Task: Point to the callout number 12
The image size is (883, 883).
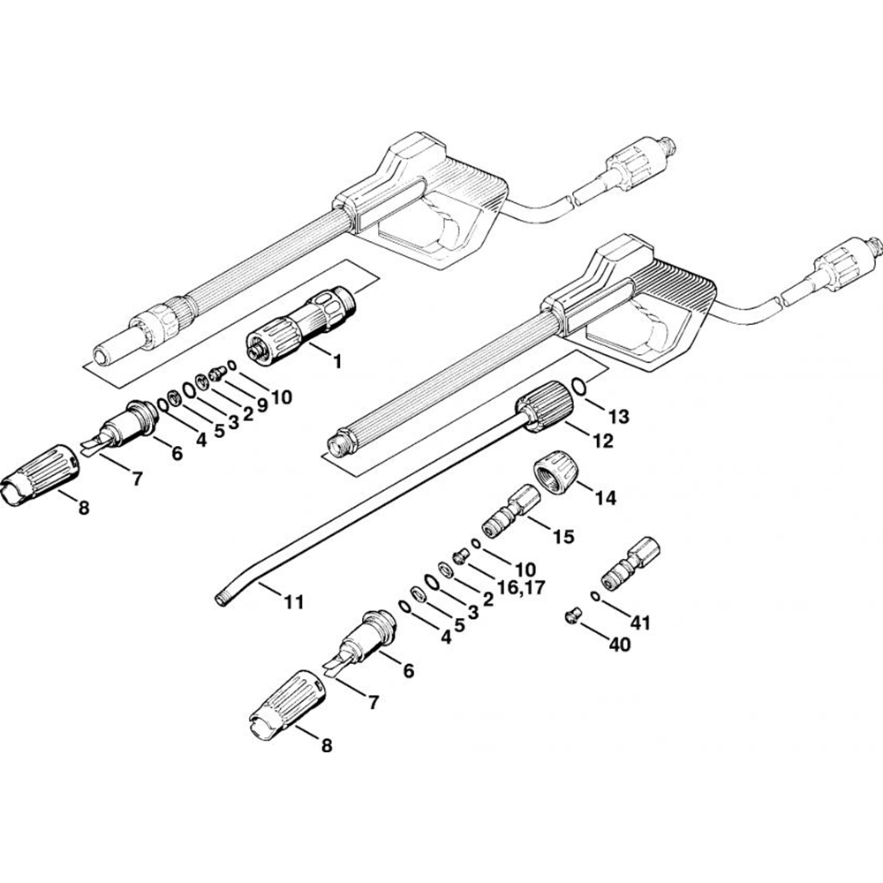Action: point(601,440)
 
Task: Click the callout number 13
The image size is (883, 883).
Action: point(618,416)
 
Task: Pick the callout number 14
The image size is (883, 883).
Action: point(605,498)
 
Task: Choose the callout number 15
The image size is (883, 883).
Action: point(562,536)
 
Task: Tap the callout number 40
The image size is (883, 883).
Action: point(619,645)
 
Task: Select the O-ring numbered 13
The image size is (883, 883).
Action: point(578,387)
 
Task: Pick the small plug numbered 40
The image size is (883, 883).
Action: point(571,615)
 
